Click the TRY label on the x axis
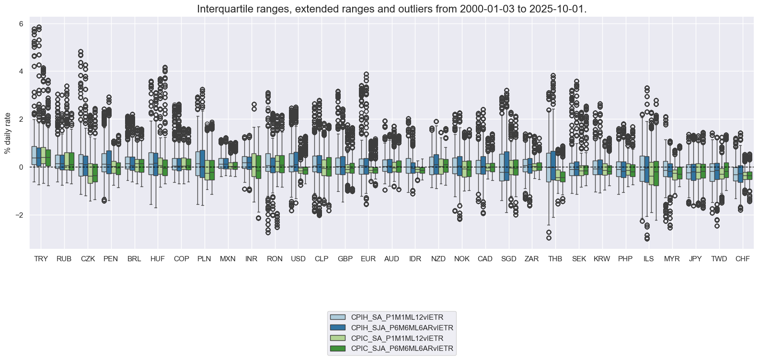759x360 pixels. [x=41, y=259]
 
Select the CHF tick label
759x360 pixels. [x=742, y=259]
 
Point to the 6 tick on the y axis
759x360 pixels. [x=21, y=23]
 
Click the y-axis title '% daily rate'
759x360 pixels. [x=7, y=133]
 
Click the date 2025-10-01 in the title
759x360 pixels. [x=561, y=9]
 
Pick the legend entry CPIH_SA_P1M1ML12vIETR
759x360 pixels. [x=397, y=317]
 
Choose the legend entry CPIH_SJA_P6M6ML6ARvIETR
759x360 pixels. [x=402, y=328]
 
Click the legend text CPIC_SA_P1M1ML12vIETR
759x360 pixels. [x=397, y=338]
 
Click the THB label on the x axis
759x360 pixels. [x=555, y=259]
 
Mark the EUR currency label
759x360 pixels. [x=368, y=259]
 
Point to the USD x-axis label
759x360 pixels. [x=298, y=259]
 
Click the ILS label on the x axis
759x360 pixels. [x=648, y=259]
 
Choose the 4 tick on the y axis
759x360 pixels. [x=21, y=71]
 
